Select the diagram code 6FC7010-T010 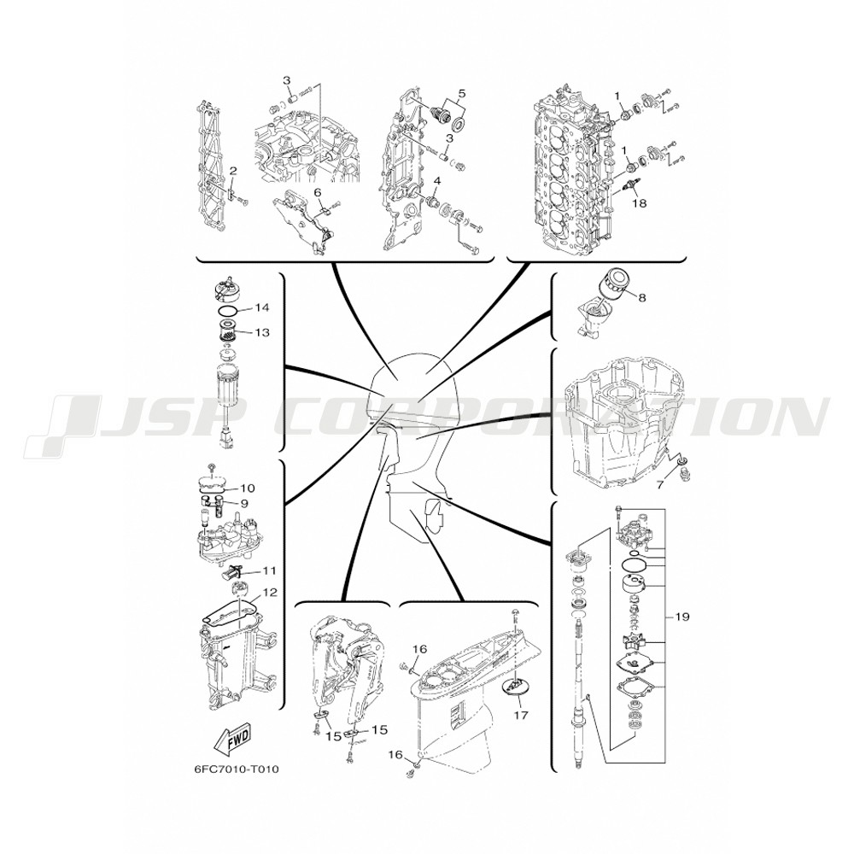click(237, 769)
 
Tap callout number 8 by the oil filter click(642, 298)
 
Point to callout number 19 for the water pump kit click(682, 617)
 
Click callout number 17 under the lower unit click(521, 715)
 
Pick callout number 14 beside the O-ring click(262, 307)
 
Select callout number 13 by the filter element click(262, 331)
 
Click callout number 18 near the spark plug click(639, 203)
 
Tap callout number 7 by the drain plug click(660, 484)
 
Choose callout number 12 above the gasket click(270, 592)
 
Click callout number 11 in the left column click(269, 570)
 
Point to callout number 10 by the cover click(248, 488)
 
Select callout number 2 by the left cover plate click(233, 171)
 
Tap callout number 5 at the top click(461, 93)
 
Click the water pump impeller click(632, 643)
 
